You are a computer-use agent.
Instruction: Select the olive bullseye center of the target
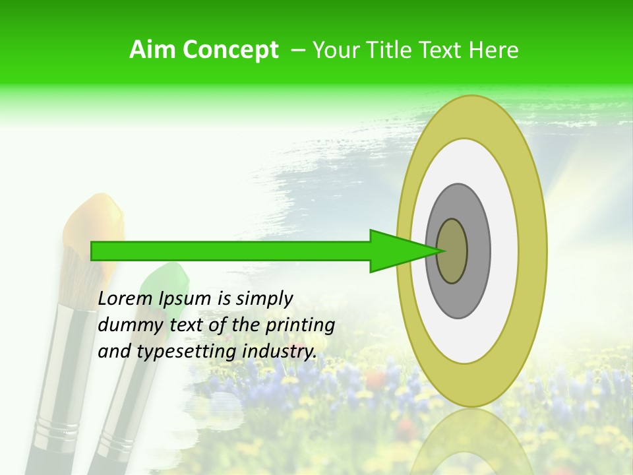tap(452, 251)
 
